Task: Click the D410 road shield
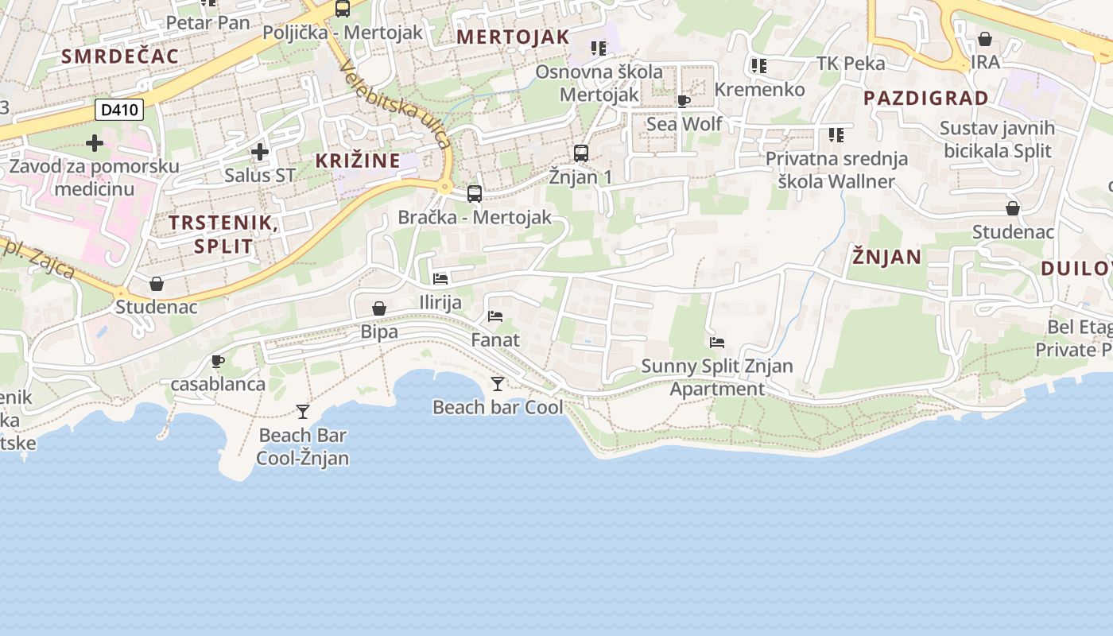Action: [120, 110]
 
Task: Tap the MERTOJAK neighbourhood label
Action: [513, 37]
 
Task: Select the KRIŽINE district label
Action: [358, 161]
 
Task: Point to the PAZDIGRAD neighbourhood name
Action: [925, 99]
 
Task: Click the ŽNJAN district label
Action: [886, 257]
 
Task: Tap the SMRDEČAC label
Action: [120, 56]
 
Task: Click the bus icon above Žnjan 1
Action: [581, 153]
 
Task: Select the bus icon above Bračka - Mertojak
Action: [475, 193]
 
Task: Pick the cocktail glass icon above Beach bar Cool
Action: [498, 384]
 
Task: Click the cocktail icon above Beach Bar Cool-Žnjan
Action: [303, 411]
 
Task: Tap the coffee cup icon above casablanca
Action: [218, 362]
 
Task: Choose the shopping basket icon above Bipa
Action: [379, 308]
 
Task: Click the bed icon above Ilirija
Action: [440, 279]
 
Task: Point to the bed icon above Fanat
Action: [495, 316]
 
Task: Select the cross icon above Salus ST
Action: [259, 151]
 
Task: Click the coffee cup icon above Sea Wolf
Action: [684, 100]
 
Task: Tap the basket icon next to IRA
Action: [985, 39]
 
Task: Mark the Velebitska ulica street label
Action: [395, 104]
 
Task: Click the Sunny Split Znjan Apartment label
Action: [717, 378]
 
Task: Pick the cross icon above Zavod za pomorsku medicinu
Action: [95, 143]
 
